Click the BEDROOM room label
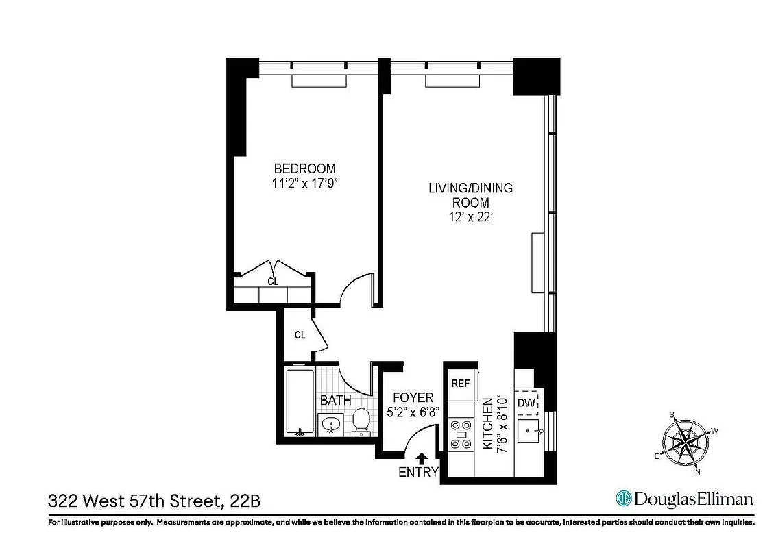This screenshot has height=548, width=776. tap(304, 169)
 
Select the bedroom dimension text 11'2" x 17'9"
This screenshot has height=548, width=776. tap(304, 183)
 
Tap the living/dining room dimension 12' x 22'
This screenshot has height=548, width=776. tap(470, 217)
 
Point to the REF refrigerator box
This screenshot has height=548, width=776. tap(461, 384)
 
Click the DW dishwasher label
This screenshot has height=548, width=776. tap(526, 403)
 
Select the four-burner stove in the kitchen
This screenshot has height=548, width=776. tap(460, 434)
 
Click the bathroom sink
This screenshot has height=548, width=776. tap(332, 425)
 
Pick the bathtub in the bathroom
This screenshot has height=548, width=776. tap(299, 403)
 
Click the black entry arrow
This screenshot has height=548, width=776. tap(422, 458)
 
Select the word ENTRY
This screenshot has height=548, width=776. tap(417, 473)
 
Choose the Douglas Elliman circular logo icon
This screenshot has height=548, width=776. tap(623, 498)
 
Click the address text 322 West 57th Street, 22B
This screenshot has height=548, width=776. tap(154, 501)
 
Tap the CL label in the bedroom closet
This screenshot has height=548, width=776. tap(272, 281)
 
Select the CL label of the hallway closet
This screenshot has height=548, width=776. tap(300, 335)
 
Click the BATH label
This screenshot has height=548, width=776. tap(336, 400)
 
